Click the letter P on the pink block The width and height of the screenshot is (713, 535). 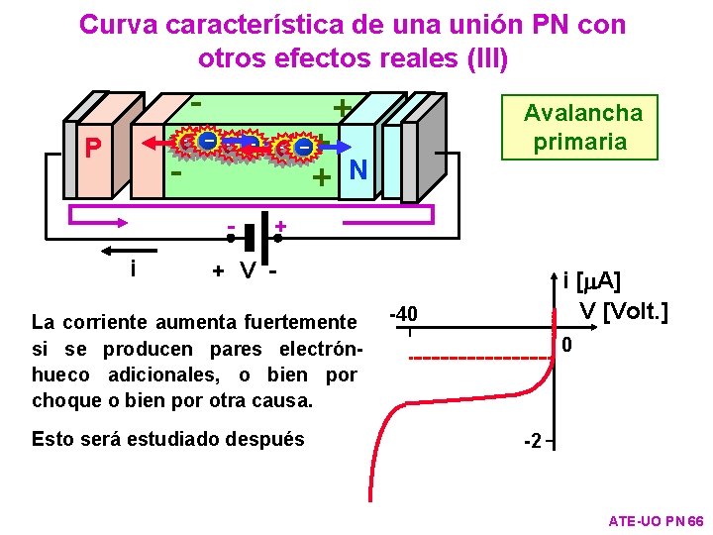(x=93, y=150)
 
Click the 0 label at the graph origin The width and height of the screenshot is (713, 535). (x=566, y=345)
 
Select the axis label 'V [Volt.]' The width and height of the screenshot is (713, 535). (x=623, y=312)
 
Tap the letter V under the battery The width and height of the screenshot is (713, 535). (x=248, y=271)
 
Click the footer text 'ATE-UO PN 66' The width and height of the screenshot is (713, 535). (x=655, y=521)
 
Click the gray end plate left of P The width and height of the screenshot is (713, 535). (x=69, y=159)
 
